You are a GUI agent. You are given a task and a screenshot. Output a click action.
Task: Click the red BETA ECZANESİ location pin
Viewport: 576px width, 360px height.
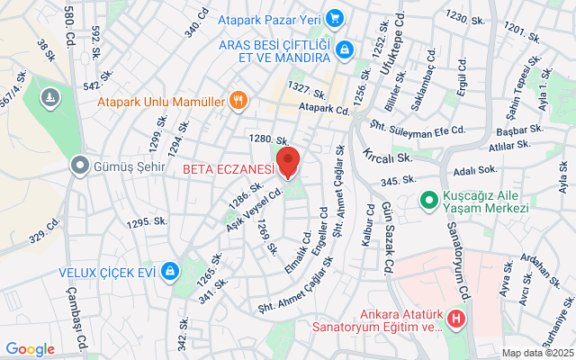(288, 162)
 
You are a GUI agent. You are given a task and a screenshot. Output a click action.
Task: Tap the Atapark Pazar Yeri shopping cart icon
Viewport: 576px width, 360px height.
(335, 17)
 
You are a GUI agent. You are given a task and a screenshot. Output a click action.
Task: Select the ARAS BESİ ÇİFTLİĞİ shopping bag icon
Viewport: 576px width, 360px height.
(343, 51)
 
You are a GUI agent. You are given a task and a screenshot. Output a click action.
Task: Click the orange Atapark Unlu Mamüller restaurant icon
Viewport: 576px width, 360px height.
(238, 100)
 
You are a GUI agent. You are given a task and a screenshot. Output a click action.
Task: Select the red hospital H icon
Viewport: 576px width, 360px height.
(457, 319)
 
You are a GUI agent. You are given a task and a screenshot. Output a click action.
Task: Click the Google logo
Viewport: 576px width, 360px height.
(31, 349)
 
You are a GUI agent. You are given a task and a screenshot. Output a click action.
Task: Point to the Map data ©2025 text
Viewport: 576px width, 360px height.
(537, 353)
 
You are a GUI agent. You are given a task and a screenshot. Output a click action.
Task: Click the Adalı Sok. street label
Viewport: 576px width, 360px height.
(475, 169)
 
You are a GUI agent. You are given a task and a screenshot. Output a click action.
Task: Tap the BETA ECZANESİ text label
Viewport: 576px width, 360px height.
(228, 168)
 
